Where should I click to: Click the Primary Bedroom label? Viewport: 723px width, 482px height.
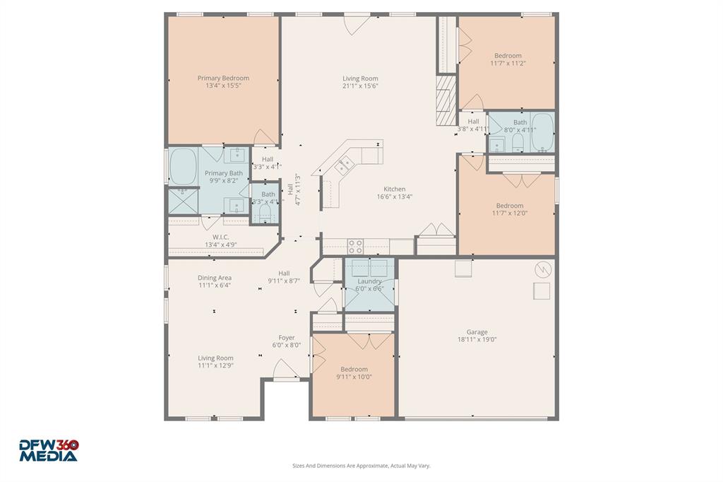[x=223, y=78]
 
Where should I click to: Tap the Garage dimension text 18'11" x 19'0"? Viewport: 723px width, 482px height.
[x=477, y=339]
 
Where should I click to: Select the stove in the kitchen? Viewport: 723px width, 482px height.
[x=355, y=247]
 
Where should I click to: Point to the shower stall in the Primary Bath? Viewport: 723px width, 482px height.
[x=183, y=201]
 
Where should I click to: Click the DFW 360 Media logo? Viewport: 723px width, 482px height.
[x=49, y=450]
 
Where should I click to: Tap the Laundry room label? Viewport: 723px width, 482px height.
[x=369, y=281]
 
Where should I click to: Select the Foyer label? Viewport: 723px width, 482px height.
[x=287, y=338]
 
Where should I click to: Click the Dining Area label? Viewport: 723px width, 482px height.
[x=215, y=278]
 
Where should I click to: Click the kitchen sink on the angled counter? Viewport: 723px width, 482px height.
[x=345, y=165]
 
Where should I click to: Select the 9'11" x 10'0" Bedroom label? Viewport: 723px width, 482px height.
[x=354, y=369]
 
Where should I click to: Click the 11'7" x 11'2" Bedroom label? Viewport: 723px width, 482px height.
[x=508, y=56]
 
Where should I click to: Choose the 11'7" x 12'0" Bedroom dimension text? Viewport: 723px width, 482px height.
[x=509, y=213]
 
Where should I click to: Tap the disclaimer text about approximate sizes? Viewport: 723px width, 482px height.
[x=361, y=466]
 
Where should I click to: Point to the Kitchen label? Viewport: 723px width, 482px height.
[x=394, y=189]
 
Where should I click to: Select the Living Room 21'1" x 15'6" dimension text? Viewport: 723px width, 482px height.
[x=361, y=86]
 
